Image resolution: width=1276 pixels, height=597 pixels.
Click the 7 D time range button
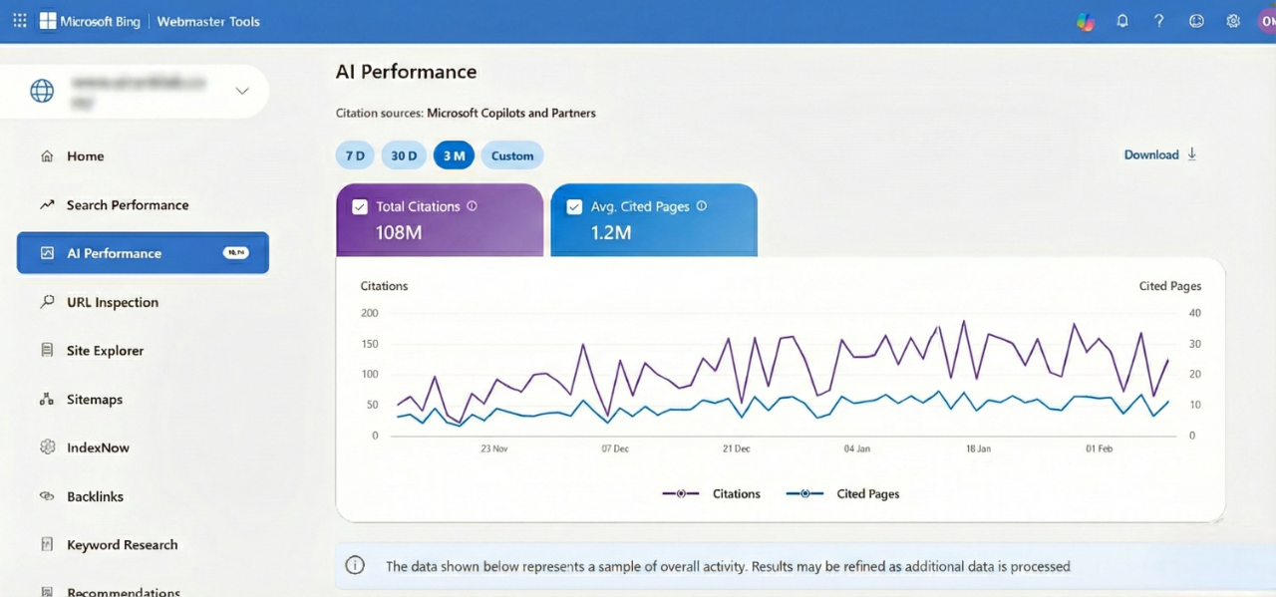click(x=354, y=155)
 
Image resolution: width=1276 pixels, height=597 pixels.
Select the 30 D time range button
click(x=404, y=155)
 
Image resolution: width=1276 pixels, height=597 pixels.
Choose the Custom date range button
click(x=512, y=155)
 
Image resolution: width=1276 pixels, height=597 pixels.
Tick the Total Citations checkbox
click(x=360, y=207)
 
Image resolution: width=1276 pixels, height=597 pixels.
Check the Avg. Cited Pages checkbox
click(x=574, y=207)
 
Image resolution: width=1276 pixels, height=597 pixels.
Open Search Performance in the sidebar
click(x=127, y=205)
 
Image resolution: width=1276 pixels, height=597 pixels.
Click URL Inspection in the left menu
click(x=112, y=302)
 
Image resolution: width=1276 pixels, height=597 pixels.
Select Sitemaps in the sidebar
click(x=94, y=400)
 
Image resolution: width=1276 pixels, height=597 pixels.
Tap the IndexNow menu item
click(x=98, y=448)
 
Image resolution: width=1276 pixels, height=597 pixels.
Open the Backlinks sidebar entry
click(x=95, y=496)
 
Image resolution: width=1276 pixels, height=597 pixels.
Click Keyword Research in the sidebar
click(x=122, y=545)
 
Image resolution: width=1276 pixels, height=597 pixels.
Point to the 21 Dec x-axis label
click(x=736, y=448)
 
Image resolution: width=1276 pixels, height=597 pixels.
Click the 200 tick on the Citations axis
click(x=369, y=313)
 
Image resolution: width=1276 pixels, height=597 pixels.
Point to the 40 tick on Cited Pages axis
click(x=1194, y=313)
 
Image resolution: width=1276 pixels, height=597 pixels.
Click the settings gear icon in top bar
click(x=1233, y=21)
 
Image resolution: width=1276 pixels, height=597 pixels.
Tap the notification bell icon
click(x=1122, y=21)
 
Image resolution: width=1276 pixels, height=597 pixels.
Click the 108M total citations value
click(x=399, y=233)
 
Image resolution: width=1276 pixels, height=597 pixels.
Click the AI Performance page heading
click(x=406, y=72)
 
